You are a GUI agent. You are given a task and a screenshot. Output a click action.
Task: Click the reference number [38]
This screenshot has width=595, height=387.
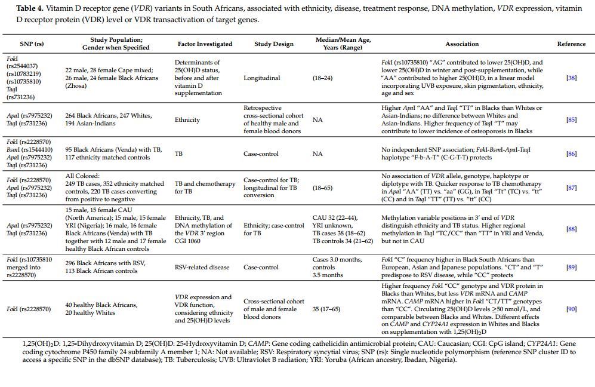[571, 78]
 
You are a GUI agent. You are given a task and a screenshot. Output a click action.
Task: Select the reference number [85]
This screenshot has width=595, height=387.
[571, 119]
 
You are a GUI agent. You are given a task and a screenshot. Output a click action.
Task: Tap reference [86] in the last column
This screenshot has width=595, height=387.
[571, 153]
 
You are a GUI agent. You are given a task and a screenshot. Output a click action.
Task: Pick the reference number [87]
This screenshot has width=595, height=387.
[571, 188]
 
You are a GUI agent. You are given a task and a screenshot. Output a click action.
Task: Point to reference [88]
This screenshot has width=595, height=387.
[571, 229]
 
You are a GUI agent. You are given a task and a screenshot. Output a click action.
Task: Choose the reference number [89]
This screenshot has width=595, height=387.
[571, 267]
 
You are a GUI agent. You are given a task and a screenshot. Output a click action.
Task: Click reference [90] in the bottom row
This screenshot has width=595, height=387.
[571, 309]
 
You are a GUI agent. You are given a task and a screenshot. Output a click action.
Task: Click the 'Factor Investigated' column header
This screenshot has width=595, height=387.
[205, 44]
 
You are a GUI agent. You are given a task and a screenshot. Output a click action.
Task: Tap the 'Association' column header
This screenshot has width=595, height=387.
[462, 44]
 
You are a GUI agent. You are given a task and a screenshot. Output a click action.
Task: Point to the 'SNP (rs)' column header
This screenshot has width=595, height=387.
[32, 44]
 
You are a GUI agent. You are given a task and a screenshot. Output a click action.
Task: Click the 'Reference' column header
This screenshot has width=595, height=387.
[571, 44]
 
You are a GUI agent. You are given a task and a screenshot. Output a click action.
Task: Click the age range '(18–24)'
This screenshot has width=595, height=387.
[322, 78]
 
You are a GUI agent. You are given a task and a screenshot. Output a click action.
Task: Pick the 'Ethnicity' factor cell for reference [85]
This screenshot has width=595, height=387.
[187, 119]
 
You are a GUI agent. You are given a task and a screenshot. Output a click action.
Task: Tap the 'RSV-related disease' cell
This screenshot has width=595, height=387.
[202, 267]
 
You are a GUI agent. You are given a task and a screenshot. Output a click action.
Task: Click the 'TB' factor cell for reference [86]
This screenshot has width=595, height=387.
[178, 153]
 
